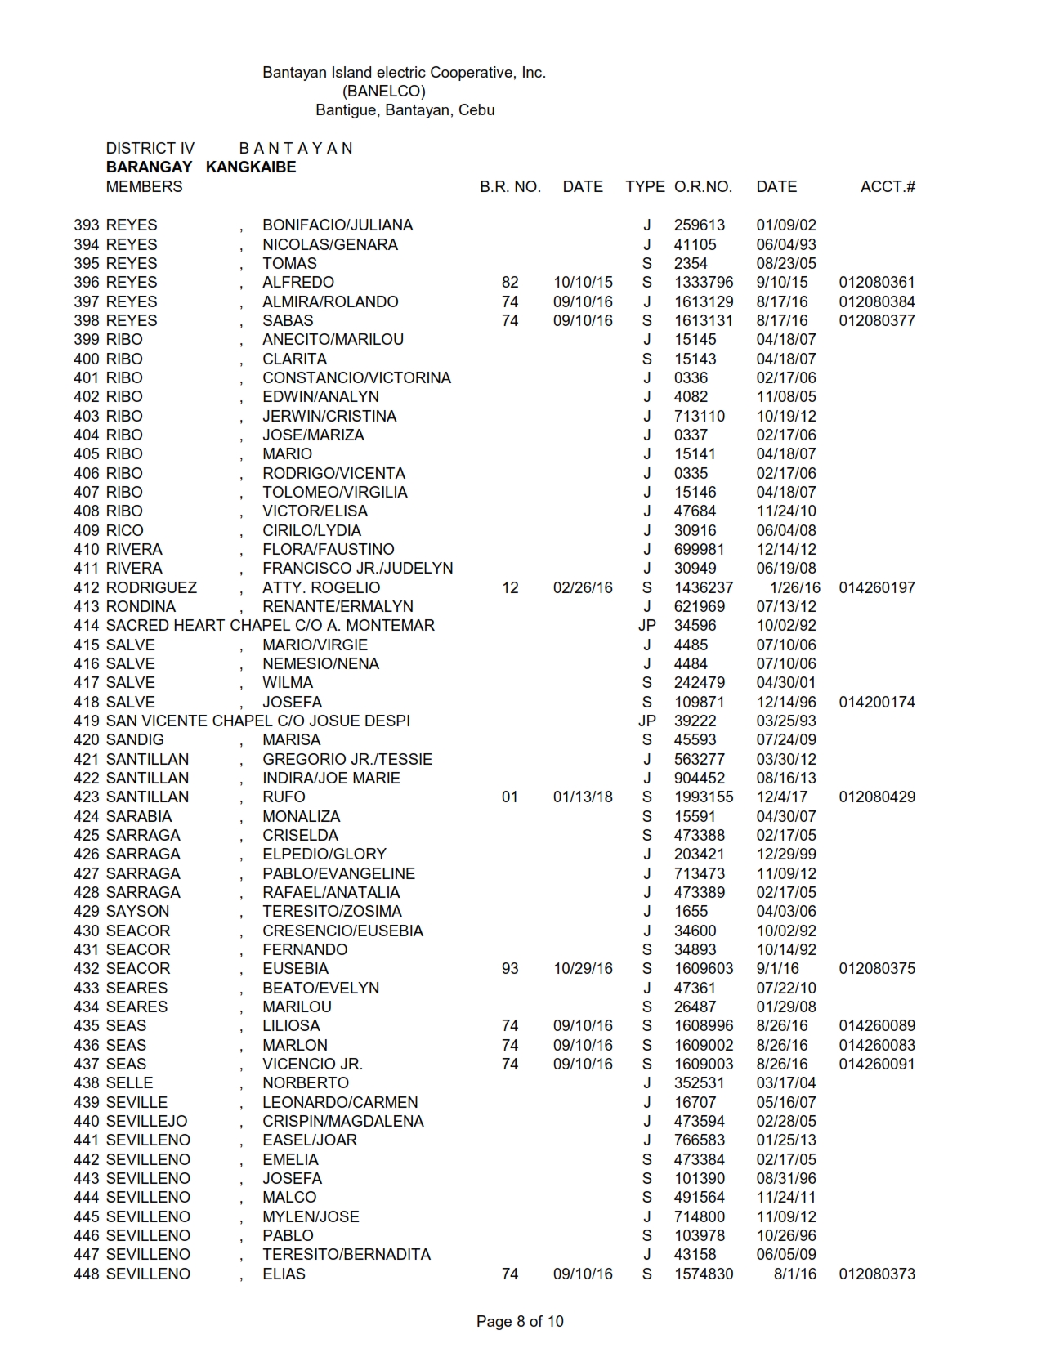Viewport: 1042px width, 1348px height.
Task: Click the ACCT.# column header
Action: tap(888, 186)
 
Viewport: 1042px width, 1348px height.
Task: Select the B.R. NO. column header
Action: tap(510, 186)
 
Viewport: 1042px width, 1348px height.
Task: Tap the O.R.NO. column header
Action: tap(703, 186)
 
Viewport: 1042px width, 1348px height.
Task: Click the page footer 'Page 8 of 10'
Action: tap(520, 1321)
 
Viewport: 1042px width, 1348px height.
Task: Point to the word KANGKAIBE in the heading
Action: tap(251, 167)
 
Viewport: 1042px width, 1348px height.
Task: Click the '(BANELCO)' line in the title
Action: tap(383, 91)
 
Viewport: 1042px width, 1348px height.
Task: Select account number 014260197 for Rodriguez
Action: tap(877, 587)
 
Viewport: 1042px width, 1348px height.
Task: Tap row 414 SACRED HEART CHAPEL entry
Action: tap(270, 625)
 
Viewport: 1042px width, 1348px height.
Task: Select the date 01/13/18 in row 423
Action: tap(583, 797)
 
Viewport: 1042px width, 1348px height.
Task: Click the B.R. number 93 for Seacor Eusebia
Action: tap(510, 968)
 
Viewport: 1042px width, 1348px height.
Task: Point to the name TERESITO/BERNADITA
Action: tap(347, 1254)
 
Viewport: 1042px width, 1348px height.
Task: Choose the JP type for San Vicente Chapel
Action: tap(646, 721)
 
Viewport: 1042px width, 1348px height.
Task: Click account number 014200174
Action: tap(877, 702)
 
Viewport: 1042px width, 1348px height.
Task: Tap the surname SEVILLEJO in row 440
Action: tap(146, 1121)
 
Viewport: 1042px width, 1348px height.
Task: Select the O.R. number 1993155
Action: tap(704, 797)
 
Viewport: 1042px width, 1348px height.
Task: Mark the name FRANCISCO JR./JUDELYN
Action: tap(357, 568)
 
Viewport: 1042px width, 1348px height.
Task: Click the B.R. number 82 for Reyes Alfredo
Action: tap(510, 282)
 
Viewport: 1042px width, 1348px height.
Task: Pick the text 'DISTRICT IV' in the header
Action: tap(150, 148)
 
